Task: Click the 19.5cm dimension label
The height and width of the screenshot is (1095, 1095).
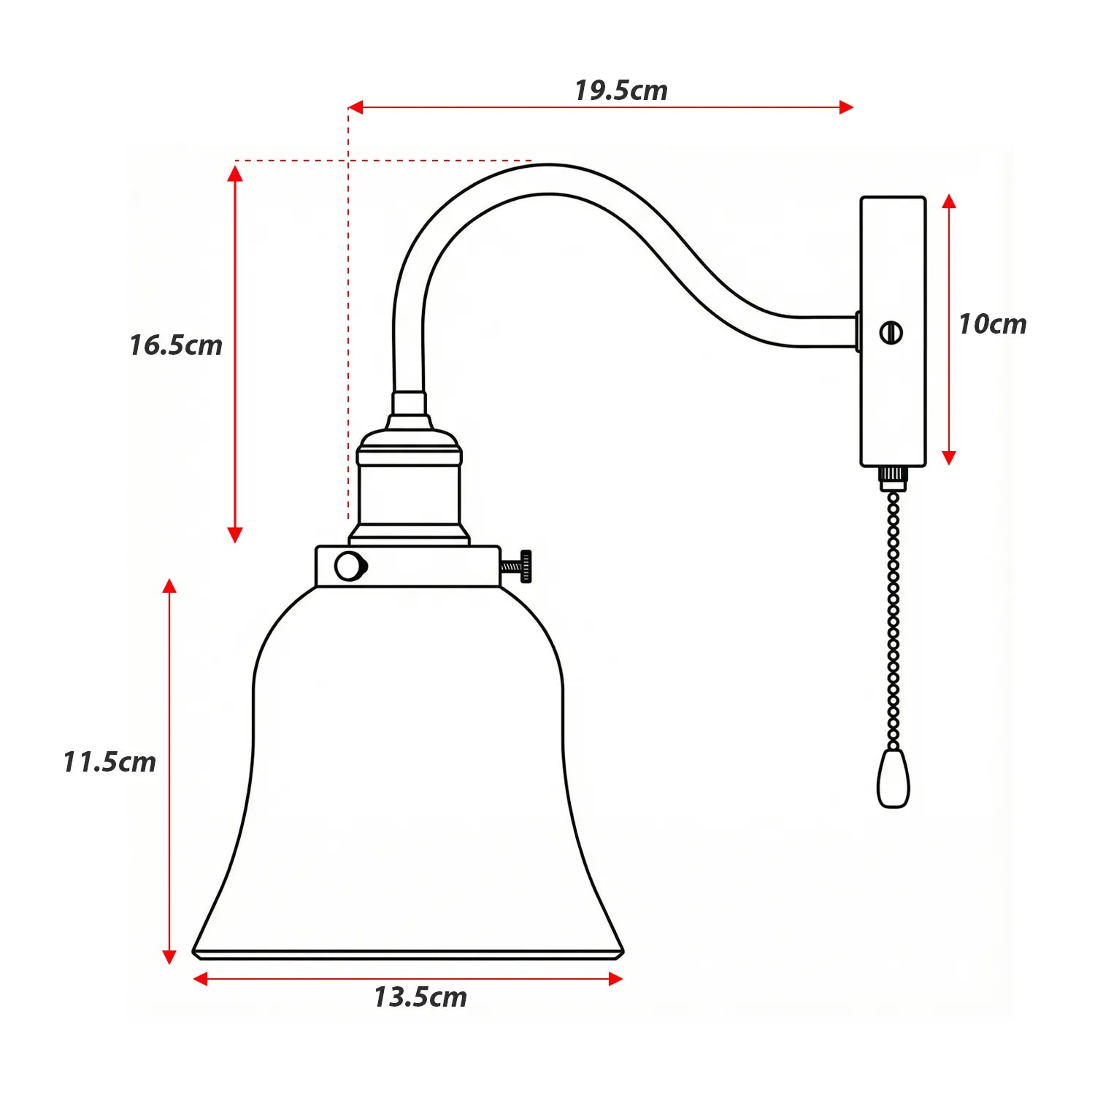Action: tap(620, 91)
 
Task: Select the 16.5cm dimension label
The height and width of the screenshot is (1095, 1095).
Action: tap(176, 345)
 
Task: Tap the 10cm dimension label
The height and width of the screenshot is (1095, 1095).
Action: tap(992, 323)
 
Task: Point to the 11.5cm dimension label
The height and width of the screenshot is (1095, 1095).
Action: tap(109, 761)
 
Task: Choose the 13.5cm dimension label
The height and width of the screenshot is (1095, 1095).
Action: tap(420, 996)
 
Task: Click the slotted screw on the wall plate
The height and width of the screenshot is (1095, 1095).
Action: tap(891, 333)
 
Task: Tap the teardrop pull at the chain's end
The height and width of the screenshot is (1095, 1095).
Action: tap(893, 778)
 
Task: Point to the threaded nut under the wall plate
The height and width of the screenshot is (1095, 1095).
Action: tap(892, 478)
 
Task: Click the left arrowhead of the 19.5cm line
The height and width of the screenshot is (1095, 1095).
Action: tap(356, 107)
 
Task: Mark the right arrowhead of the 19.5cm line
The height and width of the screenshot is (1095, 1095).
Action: tap(846, 107)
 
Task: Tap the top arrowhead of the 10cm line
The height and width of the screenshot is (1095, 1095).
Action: tap(948, 201)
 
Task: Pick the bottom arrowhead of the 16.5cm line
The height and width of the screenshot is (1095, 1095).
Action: tap(234, 535)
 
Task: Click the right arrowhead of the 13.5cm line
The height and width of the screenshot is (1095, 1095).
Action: tap(615, 979)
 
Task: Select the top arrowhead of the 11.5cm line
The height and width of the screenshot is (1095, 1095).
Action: tap(169, 585)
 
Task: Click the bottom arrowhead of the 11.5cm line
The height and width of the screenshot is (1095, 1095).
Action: tap(169, 957)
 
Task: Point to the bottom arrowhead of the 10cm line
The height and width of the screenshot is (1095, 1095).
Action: tap(948, 458)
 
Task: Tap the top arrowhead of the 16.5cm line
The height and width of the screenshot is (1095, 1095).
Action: tap(234, 173)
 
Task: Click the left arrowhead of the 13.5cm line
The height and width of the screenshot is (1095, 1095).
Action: tap(200, 979)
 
